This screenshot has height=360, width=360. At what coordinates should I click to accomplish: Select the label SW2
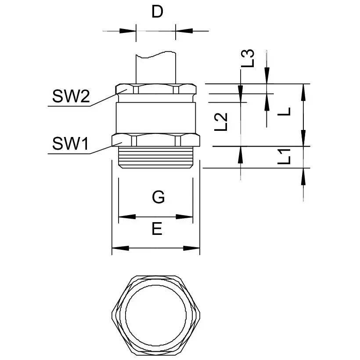click(71, 97)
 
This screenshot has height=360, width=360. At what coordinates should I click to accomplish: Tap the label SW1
click(71, 144)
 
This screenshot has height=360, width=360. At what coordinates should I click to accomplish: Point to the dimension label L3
click(248, 58)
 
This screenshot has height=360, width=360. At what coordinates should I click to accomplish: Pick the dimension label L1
click(285, 157)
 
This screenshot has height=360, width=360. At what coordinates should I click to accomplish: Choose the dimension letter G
click(158, 198)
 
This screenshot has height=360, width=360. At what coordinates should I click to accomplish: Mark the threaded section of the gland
click(156, 157)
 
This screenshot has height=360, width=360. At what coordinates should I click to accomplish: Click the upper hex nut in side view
click(156, 90)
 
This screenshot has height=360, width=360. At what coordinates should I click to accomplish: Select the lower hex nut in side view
click(156, 140)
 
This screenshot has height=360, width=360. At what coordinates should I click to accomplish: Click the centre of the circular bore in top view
click(156, 315)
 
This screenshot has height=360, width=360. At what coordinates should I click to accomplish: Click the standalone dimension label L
click(285, 112)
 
